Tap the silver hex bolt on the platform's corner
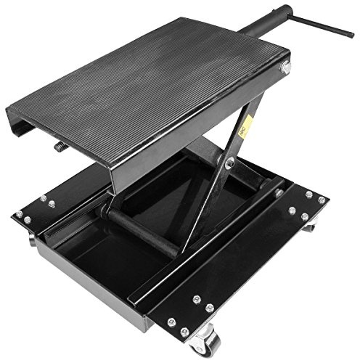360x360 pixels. (285, 67)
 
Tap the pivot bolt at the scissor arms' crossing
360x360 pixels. (229, 163)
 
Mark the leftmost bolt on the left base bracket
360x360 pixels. (19, 213)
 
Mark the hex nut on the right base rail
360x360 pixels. (278, 194)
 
